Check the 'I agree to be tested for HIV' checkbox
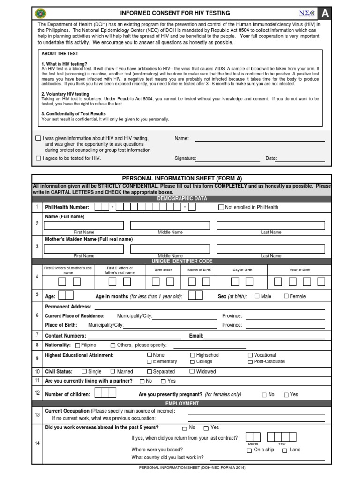[x=38, y=158]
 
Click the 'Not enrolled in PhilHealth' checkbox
[x=222, y=207]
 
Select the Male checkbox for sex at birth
[x=257, y=296]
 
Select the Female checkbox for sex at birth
[x=286, y=296]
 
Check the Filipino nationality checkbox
[x=77, y=345]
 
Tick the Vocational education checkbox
[x=250, y=355]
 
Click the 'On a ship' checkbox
[x=249, y=450]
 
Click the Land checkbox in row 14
[x=285, y=450]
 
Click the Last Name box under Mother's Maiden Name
[x=271, y=248]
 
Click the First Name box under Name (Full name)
[x=84, y=225]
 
